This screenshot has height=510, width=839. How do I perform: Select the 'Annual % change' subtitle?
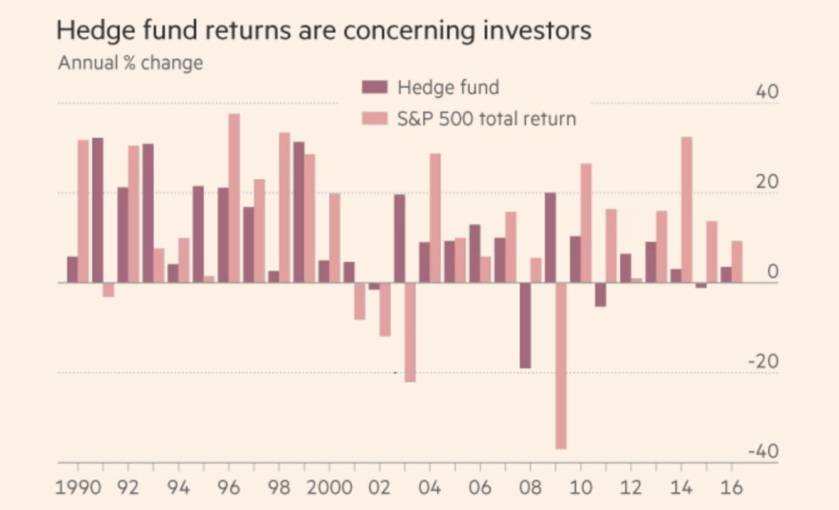(x=130, y=63)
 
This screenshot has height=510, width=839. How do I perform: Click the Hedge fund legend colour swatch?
(x=375, y=87)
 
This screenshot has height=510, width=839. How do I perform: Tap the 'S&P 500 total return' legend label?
(x=487, y=118)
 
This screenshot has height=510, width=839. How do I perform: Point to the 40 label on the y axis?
(x=766, y=92)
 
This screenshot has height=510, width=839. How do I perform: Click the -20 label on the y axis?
(x=762, y=362)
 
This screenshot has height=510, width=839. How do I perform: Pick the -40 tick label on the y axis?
(x=762, y=452)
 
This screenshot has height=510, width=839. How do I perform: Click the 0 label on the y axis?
(x=773, y=272)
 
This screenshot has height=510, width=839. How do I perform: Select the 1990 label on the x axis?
(x=79, y=487)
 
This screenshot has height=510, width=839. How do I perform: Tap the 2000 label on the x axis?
(x=329, y=487)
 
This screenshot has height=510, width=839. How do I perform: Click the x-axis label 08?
(x=530, y=487)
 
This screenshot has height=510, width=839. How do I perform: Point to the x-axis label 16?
(x=731, y=487)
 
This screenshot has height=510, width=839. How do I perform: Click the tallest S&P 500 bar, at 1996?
(x=234, y=198)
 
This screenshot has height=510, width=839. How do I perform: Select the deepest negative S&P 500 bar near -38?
(x=561, y=366)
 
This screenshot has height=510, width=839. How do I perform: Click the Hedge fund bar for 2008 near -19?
(x=525, y=325)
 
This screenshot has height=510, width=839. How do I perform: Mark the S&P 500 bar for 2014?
(x=687, y=210)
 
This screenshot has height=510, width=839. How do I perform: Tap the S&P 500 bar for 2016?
(x=737, y=262)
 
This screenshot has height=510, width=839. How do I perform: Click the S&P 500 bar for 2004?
(x=435, y=218)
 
